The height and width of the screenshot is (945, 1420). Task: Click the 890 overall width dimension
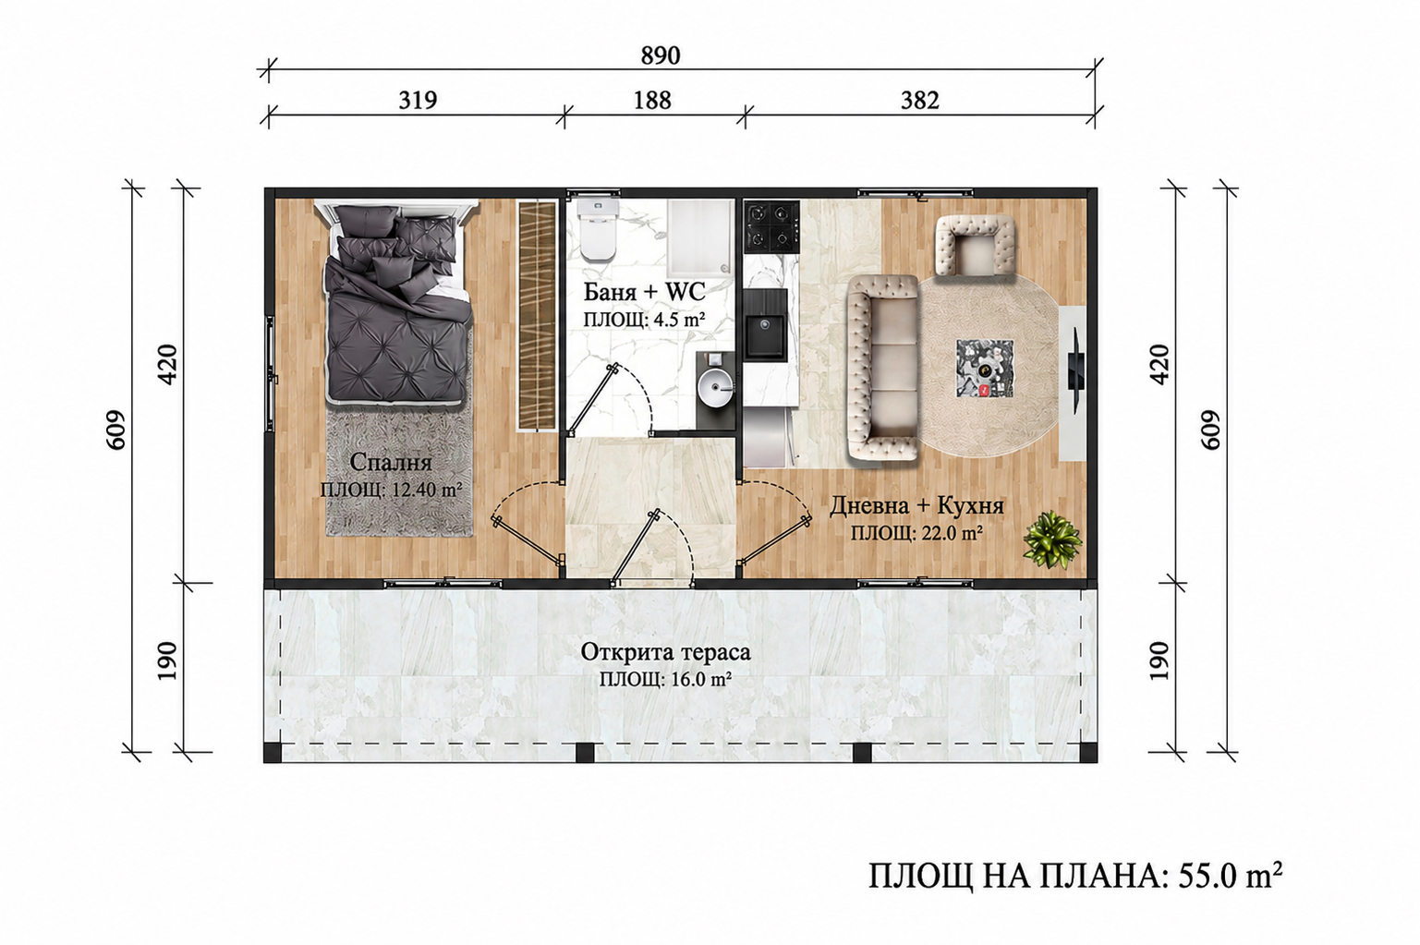coord(660,55)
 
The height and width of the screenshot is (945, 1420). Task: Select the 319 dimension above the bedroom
coord(418,100)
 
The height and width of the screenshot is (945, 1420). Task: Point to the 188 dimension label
coord(652,100)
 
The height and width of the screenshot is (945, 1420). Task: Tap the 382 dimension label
coord(920,100)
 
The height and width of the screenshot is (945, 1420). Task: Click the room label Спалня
coord(391,462)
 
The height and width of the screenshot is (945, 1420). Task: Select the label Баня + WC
coord(644,292)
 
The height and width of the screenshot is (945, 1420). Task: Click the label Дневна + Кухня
coord(917,506)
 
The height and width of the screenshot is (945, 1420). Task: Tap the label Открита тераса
coord(665,652)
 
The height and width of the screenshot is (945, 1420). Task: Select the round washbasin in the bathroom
coord(714,385)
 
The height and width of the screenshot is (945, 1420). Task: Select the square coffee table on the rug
coord(985,369)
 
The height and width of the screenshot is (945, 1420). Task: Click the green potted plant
coord(1051,539)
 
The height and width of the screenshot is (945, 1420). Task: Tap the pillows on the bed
coord(396,242)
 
